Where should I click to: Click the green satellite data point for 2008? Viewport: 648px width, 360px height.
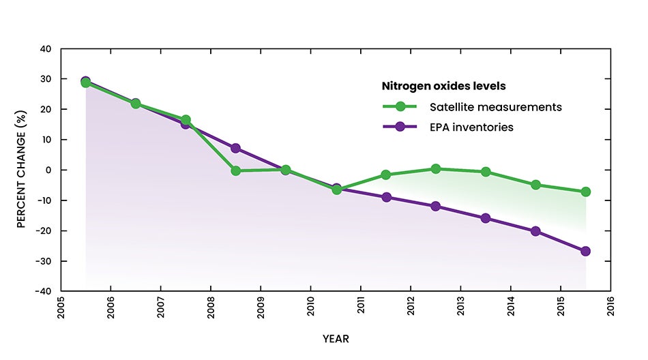click(x=235, y=170)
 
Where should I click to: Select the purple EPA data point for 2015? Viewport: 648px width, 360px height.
click(x=585, y=251)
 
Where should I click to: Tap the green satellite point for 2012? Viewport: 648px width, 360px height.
click(x=435, y=168)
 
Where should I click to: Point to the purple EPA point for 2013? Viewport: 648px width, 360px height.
click(x=486, y=218)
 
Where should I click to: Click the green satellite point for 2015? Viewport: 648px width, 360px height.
click(x=585, y=192)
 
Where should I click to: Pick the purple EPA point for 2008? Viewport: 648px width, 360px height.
click(x=235, y=148)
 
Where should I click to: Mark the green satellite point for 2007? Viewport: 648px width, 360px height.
click(x=186, y=120)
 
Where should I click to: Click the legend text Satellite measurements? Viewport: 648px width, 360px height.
click(x=495, y=107)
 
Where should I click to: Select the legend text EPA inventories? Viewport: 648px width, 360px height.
click(x=471, y=127)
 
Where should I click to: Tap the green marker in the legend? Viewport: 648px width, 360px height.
click(x=401, y=107)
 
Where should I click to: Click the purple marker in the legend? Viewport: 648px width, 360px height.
click(x=401, y=127)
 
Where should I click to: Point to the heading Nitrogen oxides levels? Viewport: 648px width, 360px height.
click(x=443, y=87)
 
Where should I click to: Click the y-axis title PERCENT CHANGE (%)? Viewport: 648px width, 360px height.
click(x=22, y=170)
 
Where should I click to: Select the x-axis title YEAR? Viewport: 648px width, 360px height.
click(x=336, y=338)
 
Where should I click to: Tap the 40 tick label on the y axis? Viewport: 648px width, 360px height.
click(x=46, y=49)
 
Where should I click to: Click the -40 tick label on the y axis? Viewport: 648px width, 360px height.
click(x=43, y=291)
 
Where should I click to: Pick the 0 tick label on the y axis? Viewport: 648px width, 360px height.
click(x=48, y=170)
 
